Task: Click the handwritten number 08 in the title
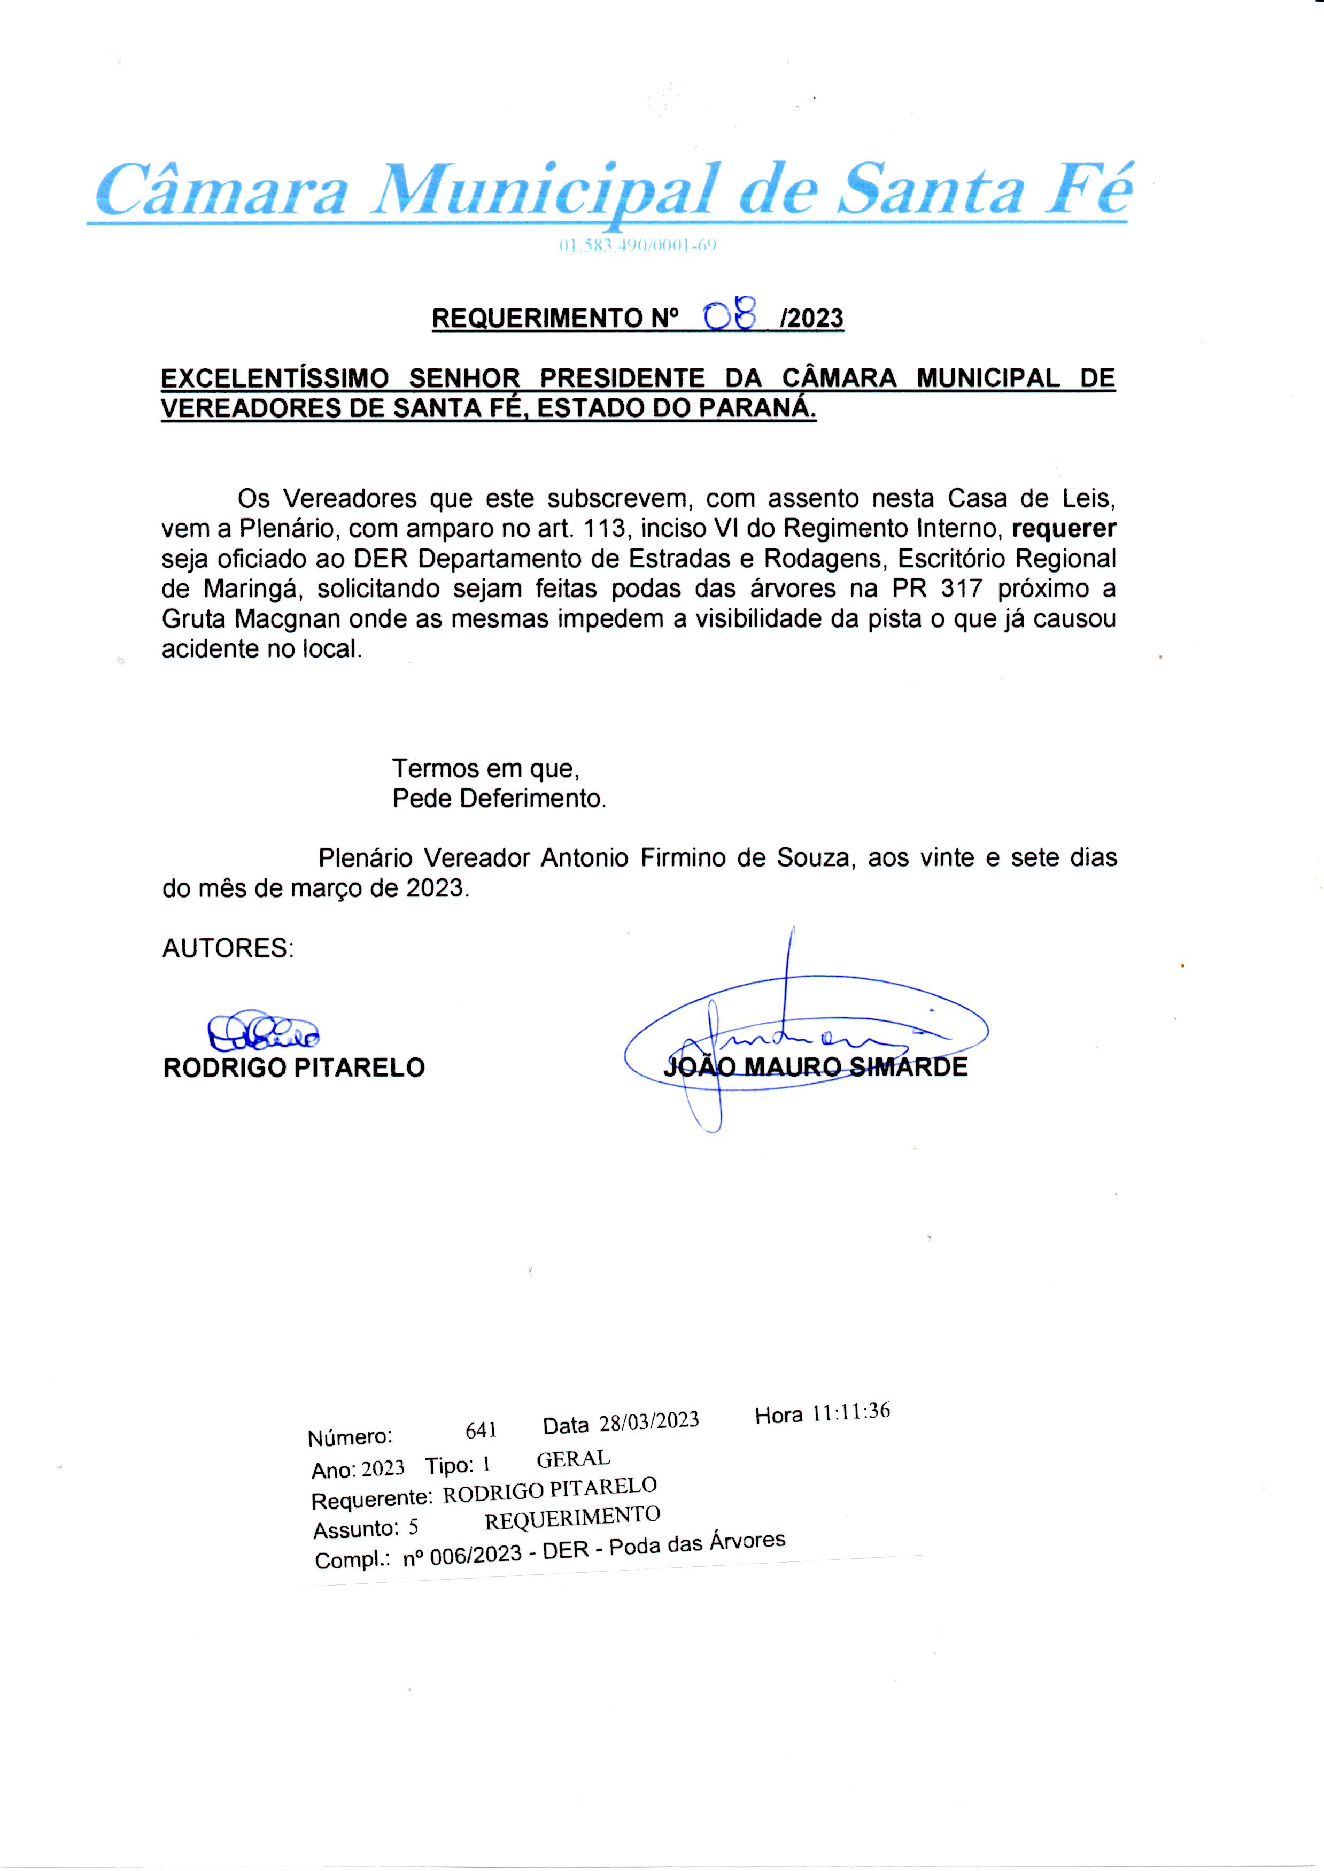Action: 731,315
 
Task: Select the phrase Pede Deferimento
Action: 499,798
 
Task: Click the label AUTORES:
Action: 228,948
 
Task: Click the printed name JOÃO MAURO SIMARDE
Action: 815,1067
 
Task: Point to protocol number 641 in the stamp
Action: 481,1430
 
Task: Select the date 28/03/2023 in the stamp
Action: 649,1422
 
